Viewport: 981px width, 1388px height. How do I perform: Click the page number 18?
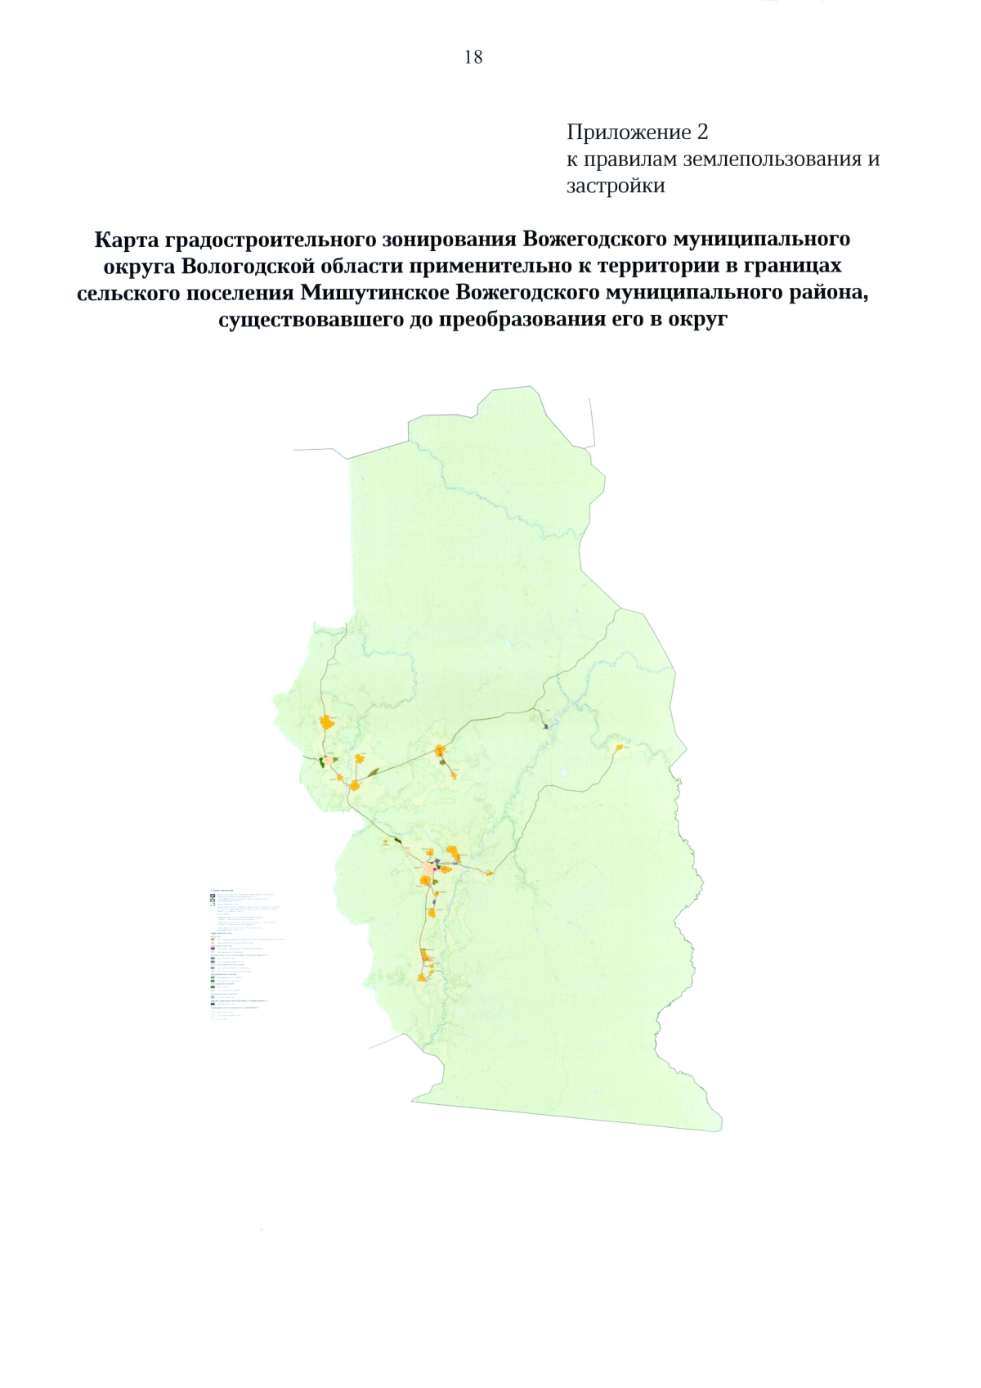[x=473, y=56]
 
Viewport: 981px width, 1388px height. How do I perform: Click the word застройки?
[x=616, y=186]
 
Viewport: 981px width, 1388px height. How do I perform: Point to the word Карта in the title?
[x=126, y=240]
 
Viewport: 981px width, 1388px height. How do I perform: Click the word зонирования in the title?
[x=451, y=240]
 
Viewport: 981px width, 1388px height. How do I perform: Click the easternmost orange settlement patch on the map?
[x=619, y=747]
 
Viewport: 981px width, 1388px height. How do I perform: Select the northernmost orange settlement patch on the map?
[x=327, y=721]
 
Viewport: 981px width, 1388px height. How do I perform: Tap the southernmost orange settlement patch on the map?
[x=422, y=976]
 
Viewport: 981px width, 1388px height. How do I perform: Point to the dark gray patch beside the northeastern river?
[x=545, y=724]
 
